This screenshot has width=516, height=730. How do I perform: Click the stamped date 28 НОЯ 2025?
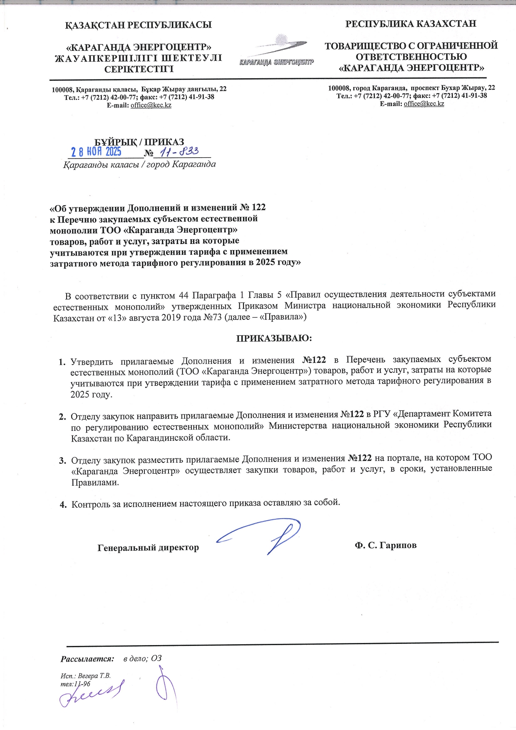click(x=96, y=151)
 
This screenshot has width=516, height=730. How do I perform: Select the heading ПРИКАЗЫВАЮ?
click(x=274, y=338)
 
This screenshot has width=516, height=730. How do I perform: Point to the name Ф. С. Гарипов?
click(x=385, y=545)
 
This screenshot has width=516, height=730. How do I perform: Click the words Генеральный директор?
click(x=148, y=548)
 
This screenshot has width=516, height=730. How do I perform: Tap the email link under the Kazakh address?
click(x=151, y=105)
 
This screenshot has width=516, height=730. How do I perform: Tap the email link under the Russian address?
click(x=424, y=104)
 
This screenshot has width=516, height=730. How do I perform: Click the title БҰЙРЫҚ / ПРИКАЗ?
click(x=139, y=142)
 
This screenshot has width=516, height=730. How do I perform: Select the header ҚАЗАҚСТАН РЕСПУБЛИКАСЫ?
click(x=139, y=25)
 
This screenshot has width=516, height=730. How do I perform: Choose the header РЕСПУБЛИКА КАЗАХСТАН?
click(x=411, y=24)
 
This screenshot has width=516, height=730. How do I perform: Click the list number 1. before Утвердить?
click(x=62, y=362)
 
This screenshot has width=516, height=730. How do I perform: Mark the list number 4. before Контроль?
click(x=63, y=505)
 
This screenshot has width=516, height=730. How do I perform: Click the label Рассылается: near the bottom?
click(x=87, y=659)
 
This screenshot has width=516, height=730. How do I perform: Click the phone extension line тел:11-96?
click(x=75, y=684)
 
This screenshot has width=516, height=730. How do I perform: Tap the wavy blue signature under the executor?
click(x=92, y=694)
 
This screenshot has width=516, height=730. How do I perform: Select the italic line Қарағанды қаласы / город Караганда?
click(x=139, y=164)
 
